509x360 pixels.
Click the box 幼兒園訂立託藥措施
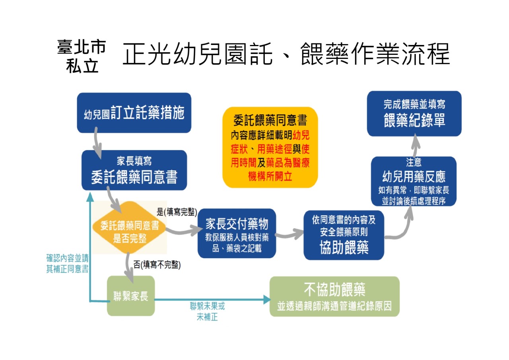(x=134, y=113)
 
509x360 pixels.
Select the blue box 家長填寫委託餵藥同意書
(x=134, y=170)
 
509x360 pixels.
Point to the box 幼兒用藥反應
(x=414, y=181)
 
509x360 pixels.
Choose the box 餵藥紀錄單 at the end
(x=414, y=113)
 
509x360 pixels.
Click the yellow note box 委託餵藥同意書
(x=270, y=147)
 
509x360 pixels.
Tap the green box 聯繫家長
(x=131, y=296)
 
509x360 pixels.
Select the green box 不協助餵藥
(x=334, y=297)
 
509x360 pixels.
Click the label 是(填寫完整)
(x=177, y=212)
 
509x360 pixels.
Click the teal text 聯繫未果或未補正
(x=207, y=311)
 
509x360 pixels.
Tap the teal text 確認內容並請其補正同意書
(x=67, y=263)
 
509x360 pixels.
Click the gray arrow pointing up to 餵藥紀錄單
(x=414, y=146)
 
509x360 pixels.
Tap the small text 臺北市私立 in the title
(x=82, y=56)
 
